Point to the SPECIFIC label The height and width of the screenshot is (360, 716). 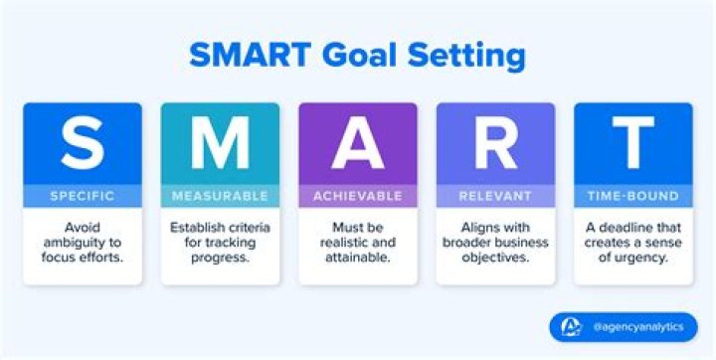coord(83,196)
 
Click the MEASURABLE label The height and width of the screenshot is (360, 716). coord(220,196)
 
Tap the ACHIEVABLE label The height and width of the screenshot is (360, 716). coord(357,196)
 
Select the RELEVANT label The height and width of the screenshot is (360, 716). coord(494,196)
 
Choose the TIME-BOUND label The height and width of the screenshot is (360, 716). coord(631,196)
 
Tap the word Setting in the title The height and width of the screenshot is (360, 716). coord(467,57)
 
